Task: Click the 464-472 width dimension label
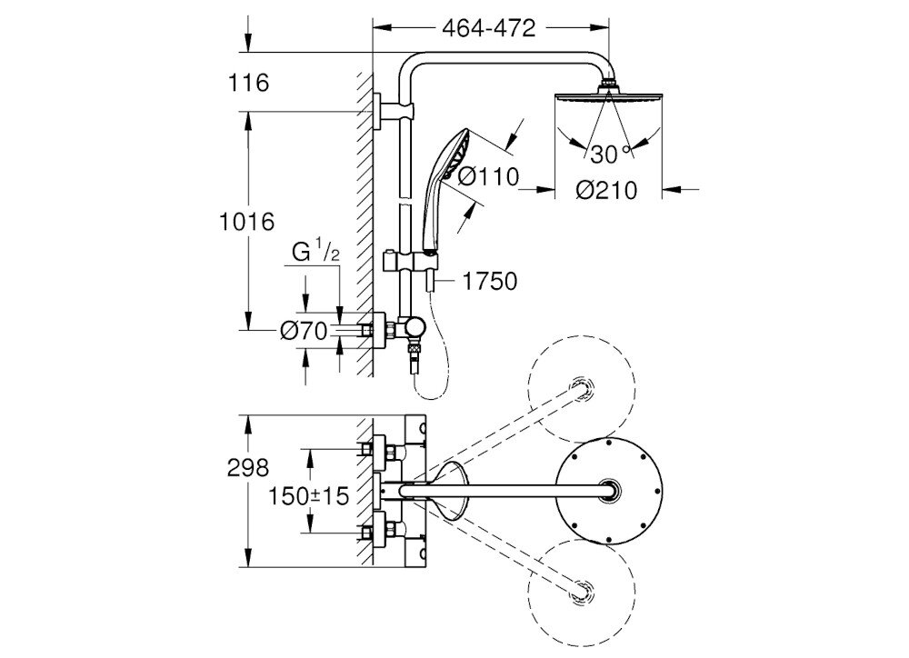487,28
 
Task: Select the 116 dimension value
251,84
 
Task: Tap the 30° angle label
609,151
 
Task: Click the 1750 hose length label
489,282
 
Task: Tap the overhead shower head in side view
607,98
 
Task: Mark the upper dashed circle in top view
580,388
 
